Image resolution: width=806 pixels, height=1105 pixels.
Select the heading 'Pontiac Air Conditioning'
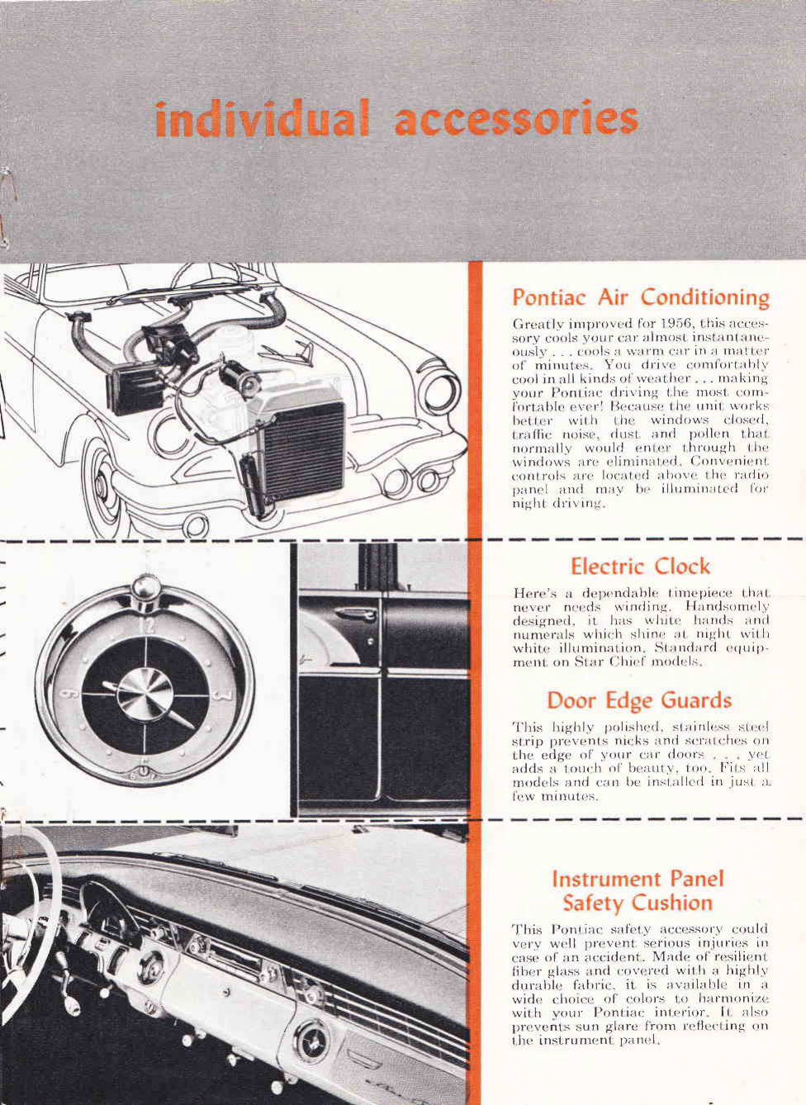(x=641, y=296)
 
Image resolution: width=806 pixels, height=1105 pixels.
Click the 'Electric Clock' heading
(x=640, y=567)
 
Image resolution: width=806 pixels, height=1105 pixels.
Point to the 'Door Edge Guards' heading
(x=639, y=700)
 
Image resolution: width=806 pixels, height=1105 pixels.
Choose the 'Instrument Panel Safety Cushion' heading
(x=638, y=890)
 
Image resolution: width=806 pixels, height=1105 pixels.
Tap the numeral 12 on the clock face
(x=146, y=622)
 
